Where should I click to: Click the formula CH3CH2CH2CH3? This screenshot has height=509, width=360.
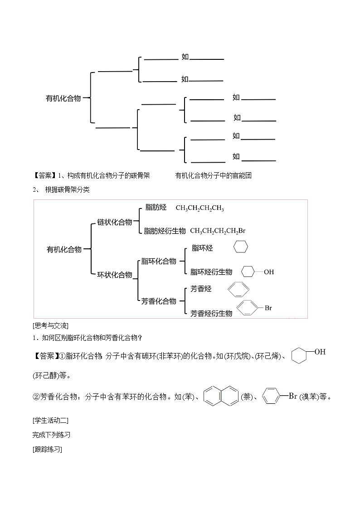click(x=200, y=208)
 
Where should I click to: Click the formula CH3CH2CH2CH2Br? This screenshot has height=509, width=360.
click(x=218, y=231)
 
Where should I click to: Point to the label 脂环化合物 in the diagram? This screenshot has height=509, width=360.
click(x=158, y=261)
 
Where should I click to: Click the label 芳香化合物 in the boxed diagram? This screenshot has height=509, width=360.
click(x=158, y=301)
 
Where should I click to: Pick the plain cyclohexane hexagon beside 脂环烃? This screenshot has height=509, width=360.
click(x=241, y=247)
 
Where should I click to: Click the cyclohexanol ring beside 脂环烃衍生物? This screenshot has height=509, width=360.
click(x=248, y=272)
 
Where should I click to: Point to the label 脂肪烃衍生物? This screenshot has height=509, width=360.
click(x=165, y=231)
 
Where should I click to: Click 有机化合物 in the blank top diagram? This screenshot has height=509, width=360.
click(x=63, y=98)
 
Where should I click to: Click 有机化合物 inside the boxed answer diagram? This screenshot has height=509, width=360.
click(x=64, y=249)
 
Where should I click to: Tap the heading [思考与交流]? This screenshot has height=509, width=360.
click(x=50, y=326)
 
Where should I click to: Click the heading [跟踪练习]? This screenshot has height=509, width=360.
click(x=47, y=449)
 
